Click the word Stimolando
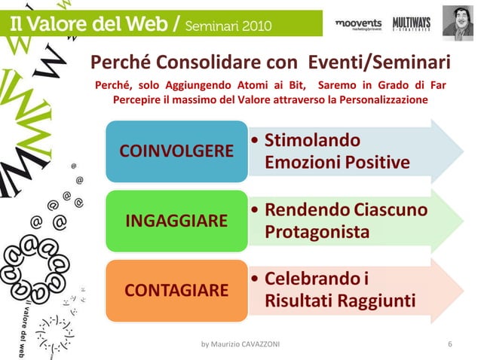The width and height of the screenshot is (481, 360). [311, 140]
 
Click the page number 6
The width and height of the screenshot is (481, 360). [449, 345]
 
